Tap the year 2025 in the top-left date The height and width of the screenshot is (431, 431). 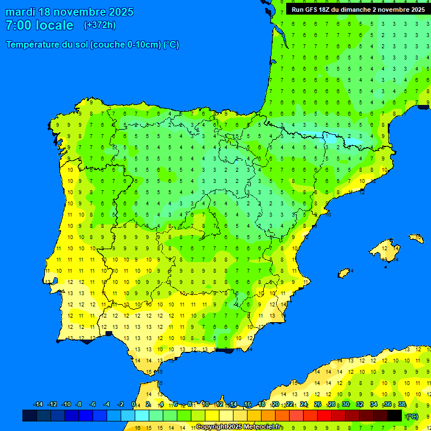click(x=118, y=12)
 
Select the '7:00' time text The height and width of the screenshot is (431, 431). click(x=18, y=25)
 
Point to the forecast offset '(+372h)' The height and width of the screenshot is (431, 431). click(x=99, y=25)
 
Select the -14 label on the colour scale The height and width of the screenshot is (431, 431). click(x=38, y=405)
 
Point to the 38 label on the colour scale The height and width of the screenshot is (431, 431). click(x=402, y=405)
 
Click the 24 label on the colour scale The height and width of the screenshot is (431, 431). click(x=304, y=405)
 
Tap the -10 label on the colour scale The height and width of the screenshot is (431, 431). click(x=66, y=405)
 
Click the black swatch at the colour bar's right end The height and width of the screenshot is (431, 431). click(x=395, y=415)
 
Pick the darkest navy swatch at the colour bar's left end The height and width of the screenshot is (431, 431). click(x=30, y=415)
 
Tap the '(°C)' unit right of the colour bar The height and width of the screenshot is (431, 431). click(x=412, y=416)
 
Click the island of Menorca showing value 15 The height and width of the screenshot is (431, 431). click(x=416, y=239)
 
